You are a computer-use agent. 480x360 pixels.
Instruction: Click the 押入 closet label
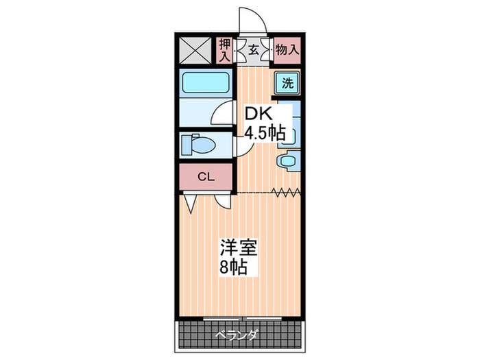click(x=224, y=50)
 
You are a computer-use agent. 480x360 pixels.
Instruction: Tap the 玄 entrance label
click(x=253, y=49)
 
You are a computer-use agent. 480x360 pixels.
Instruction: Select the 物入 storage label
click(x=287, y=49)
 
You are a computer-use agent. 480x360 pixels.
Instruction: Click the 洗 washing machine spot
click(x=288, y=83)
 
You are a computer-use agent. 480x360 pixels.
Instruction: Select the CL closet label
click(x=206, y=178)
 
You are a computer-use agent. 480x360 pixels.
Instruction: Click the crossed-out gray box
click(x=197, y=50)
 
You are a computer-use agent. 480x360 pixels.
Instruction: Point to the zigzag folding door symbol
click(x=286, y=192)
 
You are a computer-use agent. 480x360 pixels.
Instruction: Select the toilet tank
click(x=187, y=145)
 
